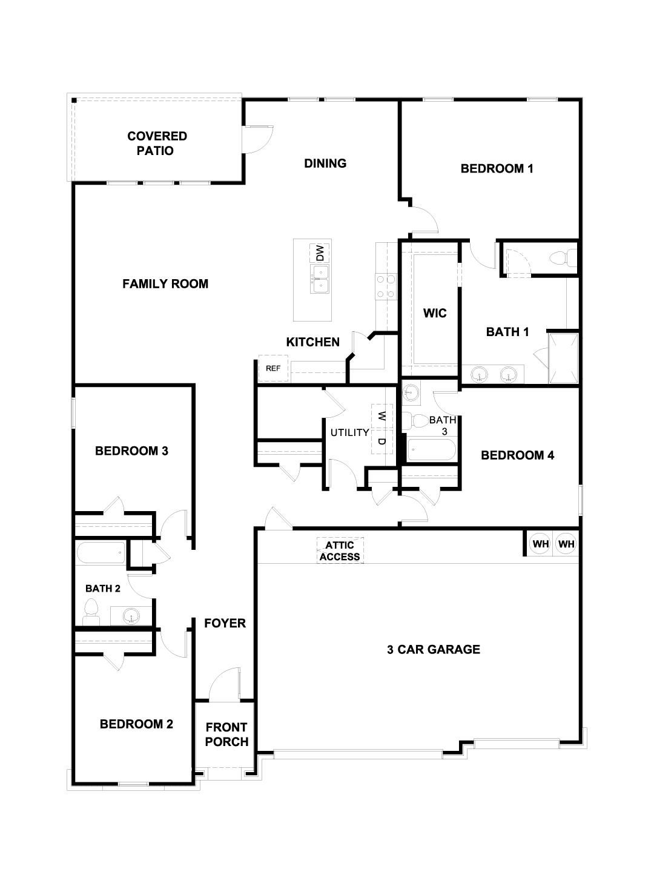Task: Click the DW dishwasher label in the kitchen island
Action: pos(320,252)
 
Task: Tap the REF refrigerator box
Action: pos(273,368)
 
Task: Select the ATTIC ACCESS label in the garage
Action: pos(340,551)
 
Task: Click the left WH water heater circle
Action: pos(541,544)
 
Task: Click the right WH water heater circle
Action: pos(566,544)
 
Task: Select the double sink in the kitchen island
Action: pos(320,279)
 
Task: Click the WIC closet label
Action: pos(435,313)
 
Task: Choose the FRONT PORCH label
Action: pos(226,734)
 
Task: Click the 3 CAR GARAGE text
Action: pos(434,650)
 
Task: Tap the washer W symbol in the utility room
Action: pos(381,416)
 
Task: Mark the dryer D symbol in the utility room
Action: pos(381,441)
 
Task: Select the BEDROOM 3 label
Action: pos(131,451)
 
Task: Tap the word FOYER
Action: pos(225,623)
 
